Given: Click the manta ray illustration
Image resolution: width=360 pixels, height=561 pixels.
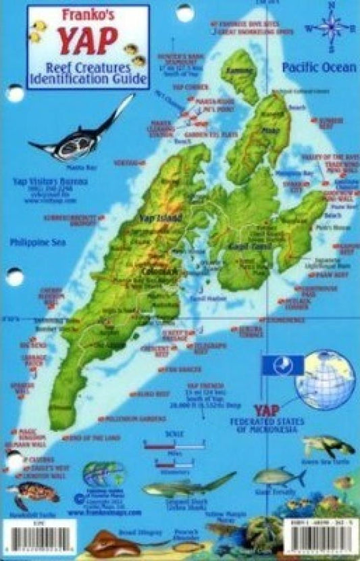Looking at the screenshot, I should (x=91, y=130).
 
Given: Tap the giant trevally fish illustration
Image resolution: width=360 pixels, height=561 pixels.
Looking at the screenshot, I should (x=279, y=477).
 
